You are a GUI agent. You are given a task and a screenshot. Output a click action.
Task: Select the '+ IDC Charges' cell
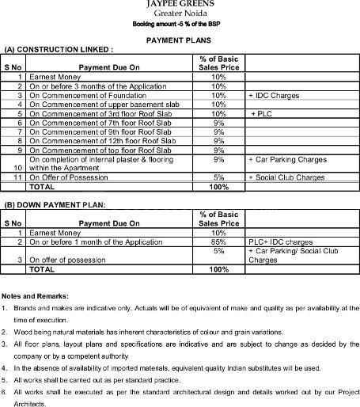coord(272,95)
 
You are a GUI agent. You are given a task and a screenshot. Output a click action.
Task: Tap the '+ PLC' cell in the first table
coord(263,113)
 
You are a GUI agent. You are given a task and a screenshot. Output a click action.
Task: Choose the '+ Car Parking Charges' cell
coord(287,159)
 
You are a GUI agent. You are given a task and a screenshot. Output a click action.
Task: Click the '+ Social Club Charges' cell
coord(286,177)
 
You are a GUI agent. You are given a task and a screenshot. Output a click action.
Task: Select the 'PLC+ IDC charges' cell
coord(281,242)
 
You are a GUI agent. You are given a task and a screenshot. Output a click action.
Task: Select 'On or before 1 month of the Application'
coord(92,242)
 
